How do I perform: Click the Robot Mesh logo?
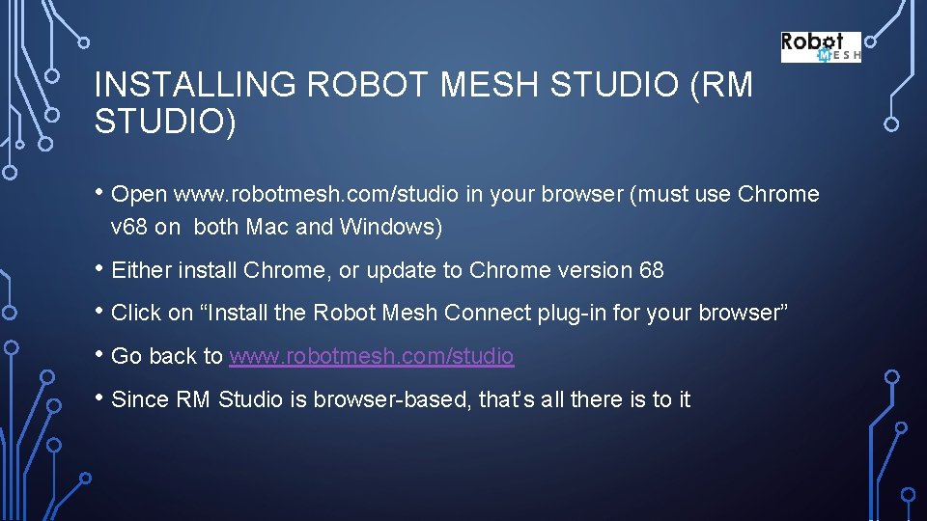820,47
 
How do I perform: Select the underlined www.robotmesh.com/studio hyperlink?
372,356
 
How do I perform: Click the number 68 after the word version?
652,270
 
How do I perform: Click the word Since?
140,399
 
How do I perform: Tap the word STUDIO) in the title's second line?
165,123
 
